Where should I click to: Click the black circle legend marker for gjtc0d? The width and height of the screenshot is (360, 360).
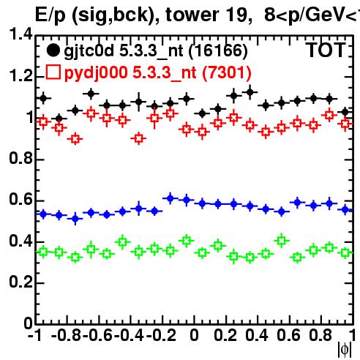pyautogui.click(x=53, y=50)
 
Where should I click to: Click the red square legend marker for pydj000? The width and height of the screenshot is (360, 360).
pyautogui.click(x=53, y=72)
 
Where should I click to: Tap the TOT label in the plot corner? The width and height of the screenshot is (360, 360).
pyautogui.click(x=326, y=50)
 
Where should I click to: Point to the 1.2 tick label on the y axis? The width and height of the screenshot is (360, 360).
pyautogui.click(x=20, y=76)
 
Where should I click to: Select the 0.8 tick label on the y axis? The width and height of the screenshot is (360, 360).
pyautogui.click(x=20, y=159)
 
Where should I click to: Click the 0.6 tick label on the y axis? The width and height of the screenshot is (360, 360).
pyautogui.click(x=20, y=200)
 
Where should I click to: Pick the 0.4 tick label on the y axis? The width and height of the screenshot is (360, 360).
pyautogui.click(x=20, y=241)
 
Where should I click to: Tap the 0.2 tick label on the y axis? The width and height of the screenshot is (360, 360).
pyautogui.click(x=20, y=282)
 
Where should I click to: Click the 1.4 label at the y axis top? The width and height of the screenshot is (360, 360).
pyautogui.click(x=20, y=34)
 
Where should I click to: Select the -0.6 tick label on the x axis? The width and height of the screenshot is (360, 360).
pyautogui.click(x=97, y=335)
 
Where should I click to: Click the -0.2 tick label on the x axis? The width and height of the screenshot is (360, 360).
pyautogui.click(x=161, y=335)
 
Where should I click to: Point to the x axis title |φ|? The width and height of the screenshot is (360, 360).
pyautogui.click(x=345, y=350)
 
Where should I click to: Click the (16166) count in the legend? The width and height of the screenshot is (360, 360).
pyautogui.click(x=218, y=51)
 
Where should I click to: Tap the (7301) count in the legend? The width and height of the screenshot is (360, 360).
pyautogui.click(x=227, y=73)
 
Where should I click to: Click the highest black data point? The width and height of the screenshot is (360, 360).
pyautogui.click(x=250, y=92)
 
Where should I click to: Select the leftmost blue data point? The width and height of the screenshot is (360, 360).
pyautogui.click(x=43, y=214)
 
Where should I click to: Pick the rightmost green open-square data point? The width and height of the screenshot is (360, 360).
pyautogui.click(x=345, y=252)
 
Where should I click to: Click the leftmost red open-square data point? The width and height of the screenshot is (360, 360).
pyautogui.click(x=43, y=121)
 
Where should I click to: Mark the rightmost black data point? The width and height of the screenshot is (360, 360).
pyautogui.click(x=345, y=112)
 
